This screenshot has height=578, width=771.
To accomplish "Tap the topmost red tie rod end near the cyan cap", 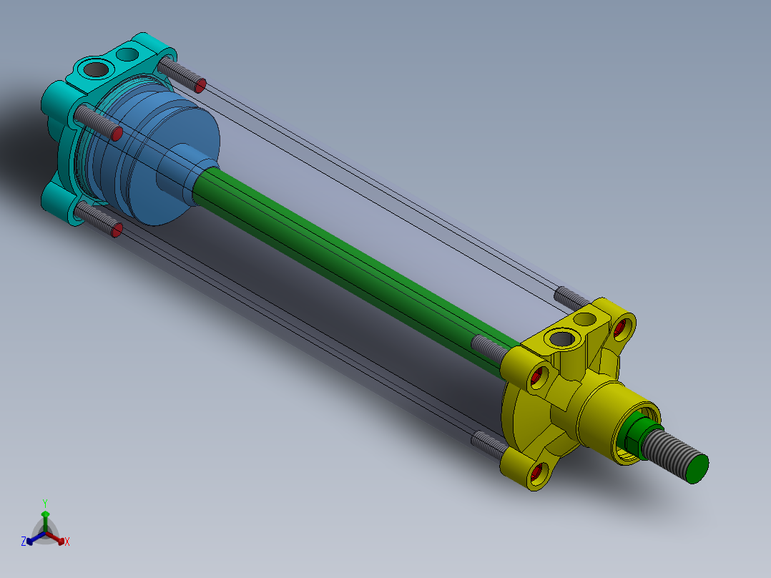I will [201, 86].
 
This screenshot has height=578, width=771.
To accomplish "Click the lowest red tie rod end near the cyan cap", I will [117, 229].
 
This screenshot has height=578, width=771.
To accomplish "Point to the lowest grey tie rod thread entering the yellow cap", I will [489, 444].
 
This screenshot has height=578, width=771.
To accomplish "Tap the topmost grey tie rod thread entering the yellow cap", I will [572, 296].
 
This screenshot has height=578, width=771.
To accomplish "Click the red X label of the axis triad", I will [67, 542].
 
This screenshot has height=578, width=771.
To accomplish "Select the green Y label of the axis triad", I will [45, 503].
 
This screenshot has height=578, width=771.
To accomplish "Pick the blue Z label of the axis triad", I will [24, 542].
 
